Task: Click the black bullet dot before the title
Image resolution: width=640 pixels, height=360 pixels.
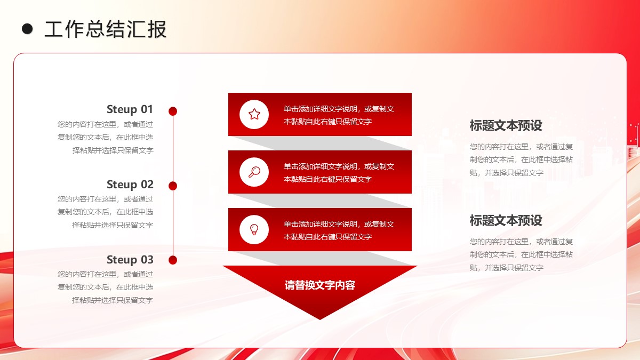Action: pyautogui.click(x=27, y=29)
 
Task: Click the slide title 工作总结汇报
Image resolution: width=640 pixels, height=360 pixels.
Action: pyautogui.click(x=106, y=29)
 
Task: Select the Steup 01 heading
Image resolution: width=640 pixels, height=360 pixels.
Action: pyautogui.click(x=130, y=109)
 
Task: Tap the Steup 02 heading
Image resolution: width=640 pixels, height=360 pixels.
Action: pyautogui.click(x=130, y=185)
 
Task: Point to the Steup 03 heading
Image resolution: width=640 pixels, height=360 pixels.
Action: pyautogui.click(x=130, y=260)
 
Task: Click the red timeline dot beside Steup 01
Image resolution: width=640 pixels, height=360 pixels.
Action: pyautogui.click(x=173, y=111)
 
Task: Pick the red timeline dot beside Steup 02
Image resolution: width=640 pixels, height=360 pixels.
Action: pyautogui.click(x=173, y=186)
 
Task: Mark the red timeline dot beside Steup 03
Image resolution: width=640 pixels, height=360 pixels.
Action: pyautogui.click(x=173, y=260)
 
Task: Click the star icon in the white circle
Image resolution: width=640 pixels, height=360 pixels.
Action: pyautogui.click(x=254, y=114)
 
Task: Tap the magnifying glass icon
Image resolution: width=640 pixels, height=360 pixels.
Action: pyautogui.click(x=254, y=172)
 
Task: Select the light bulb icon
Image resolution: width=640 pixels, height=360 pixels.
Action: pyautogui.click(x=254, y=230)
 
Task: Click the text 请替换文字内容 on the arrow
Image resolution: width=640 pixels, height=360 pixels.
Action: pyautogui.click(x=319, y=285)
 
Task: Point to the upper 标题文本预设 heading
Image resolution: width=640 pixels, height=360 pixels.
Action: pyautogui.click(x=506, y=126)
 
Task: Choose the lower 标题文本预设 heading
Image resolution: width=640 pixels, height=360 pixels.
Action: pyautogui.click(x=506, y=221)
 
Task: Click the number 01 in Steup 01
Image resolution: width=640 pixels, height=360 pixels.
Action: pyautogui.click(x=147, y=109)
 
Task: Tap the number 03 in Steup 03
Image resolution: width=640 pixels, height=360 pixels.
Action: pyautogui.click(x=147, y=260)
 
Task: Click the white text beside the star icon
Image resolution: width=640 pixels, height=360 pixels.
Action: pyautogui.click(x=339, y=115)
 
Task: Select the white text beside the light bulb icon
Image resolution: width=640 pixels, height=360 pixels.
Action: pyautogui.click(x=339, y=230)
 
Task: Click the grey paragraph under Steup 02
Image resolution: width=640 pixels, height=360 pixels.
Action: pyautogui.click(x=106, y=212)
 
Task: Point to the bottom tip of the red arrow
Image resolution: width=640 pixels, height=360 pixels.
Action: pyautogui.click(x=320, y=319)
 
